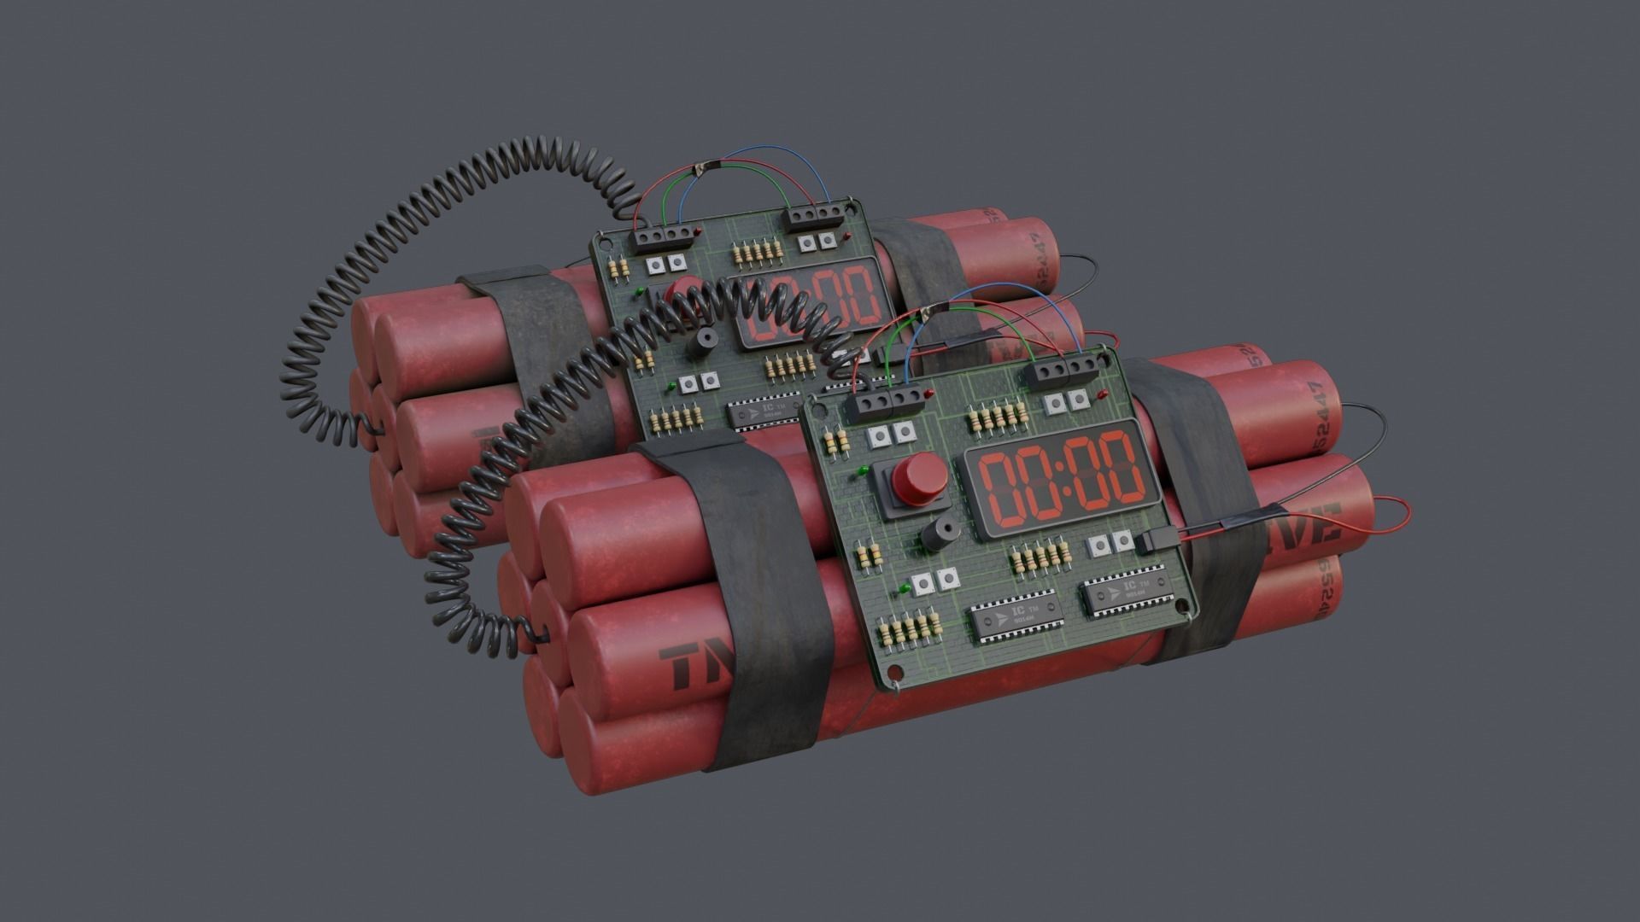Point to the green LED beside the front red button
pos(864,470)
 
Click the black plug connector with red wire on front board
pos(1155,540)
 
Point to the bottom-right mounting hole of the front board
pos(1184,607)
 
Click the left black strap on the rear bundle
pos(547,359)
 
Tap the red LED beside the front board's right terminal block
pos(1103,394)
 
